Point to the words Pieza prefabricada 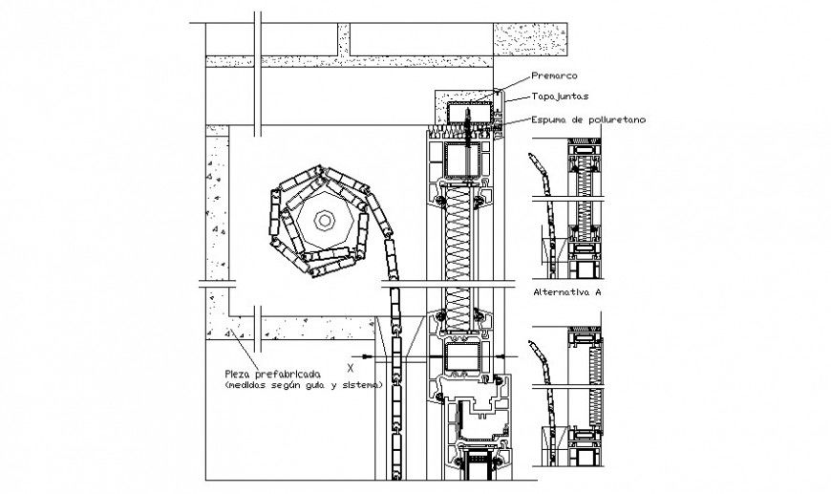click(x=272, y=373)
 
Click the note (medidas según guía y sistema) click(x=303, y=385)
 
